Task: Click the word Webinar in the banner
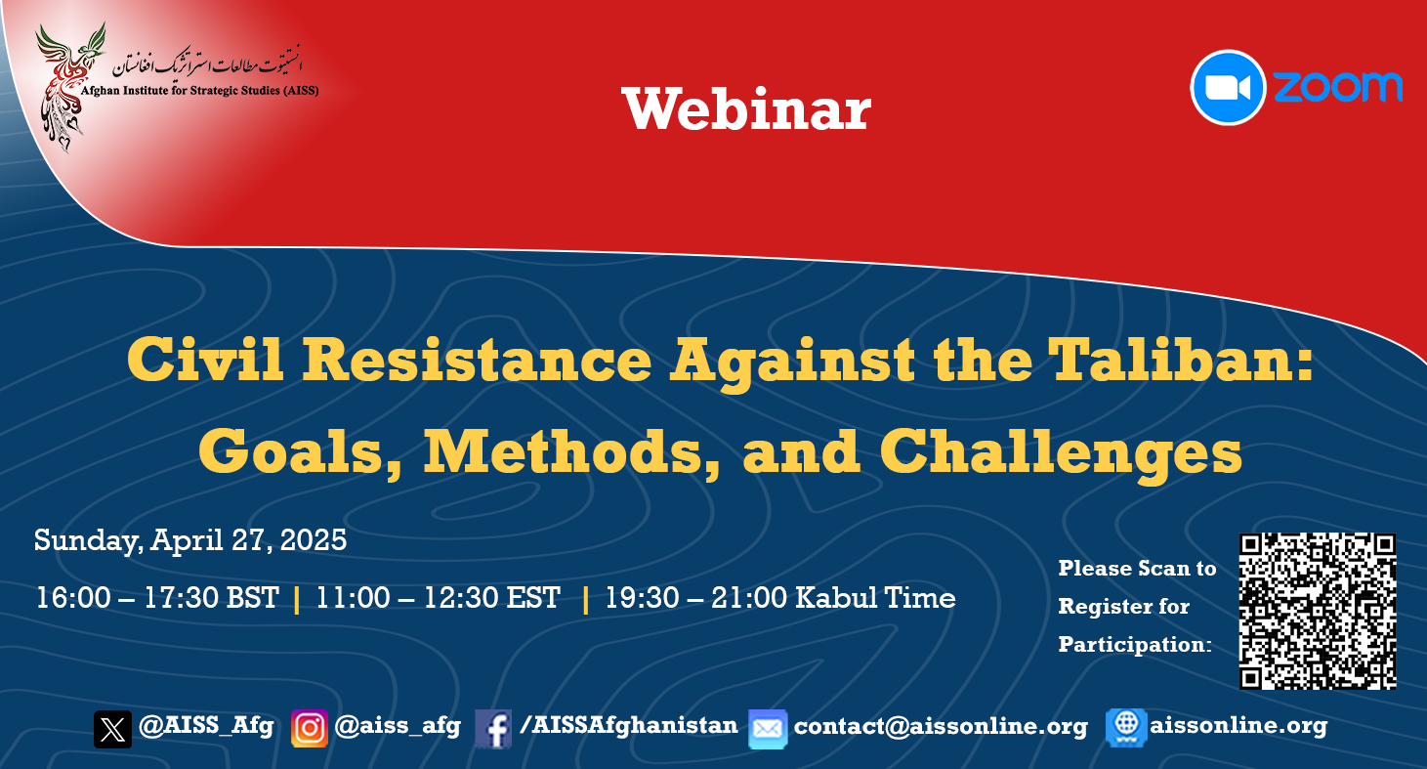[x=746, y=108]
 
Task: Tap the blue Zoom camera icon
[x=1228, y=87]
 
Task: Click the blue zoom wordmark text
[x=1338, y=87]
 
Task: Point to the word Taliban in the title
[x=1172, y=360]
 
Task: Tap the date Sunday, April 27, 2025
[x=189, y=540]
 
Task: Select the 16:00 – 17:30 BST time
[x=157, y=598]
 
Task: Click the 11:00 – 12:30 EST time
[x=439, y=598]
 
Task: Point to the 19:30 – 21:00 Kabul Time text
[x=779, y=598]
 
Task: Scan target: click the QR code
[x=1318, y=611]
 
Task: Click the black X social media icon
[x=112, y=729]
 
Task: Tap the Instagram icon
[x=310, y=728]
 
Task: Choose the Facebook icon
[x=493, y=729]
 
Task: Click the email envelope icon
[x=768, y=729]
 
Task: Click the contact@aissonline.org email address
[x=941, y=726]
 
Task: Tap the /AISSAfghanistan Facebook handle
[x=629, y=725]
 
